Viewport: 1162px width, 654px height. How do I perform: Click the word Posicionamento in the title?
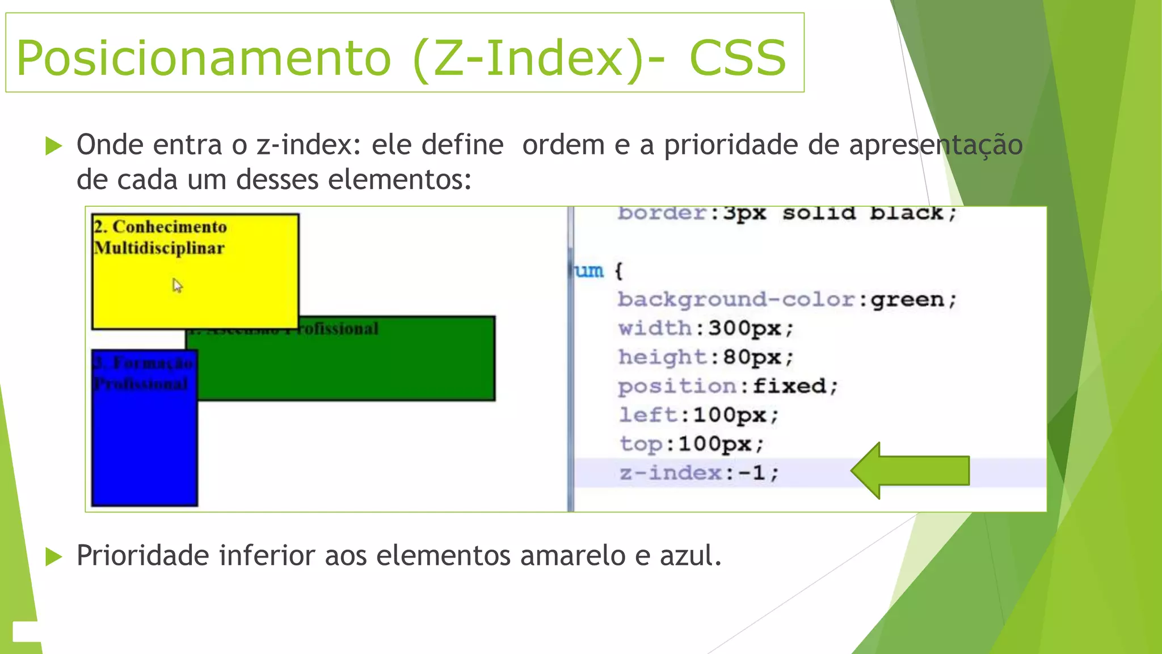point(203,58)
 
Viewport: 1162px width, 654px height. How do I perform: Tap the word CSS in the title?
point(737,58)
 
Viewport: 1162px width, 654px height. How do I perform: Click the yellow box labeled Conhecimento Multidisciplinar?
point(195,284)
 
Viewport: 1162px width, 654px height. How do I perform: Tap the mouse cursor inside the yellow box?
point(177,284)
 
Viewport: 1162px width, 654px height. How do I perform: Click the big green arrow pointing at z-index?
point(910,471)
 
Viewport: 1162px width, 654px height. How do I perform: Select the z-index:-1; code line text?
point(699,472)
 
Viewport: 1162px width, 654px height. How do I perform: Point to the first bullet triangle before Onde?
point(53,146)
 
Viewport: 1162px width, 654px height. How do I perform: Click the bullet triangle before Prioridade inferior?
point(53,556)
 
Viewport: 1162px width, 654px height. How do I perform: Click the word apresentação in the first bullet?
point(936,145)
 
